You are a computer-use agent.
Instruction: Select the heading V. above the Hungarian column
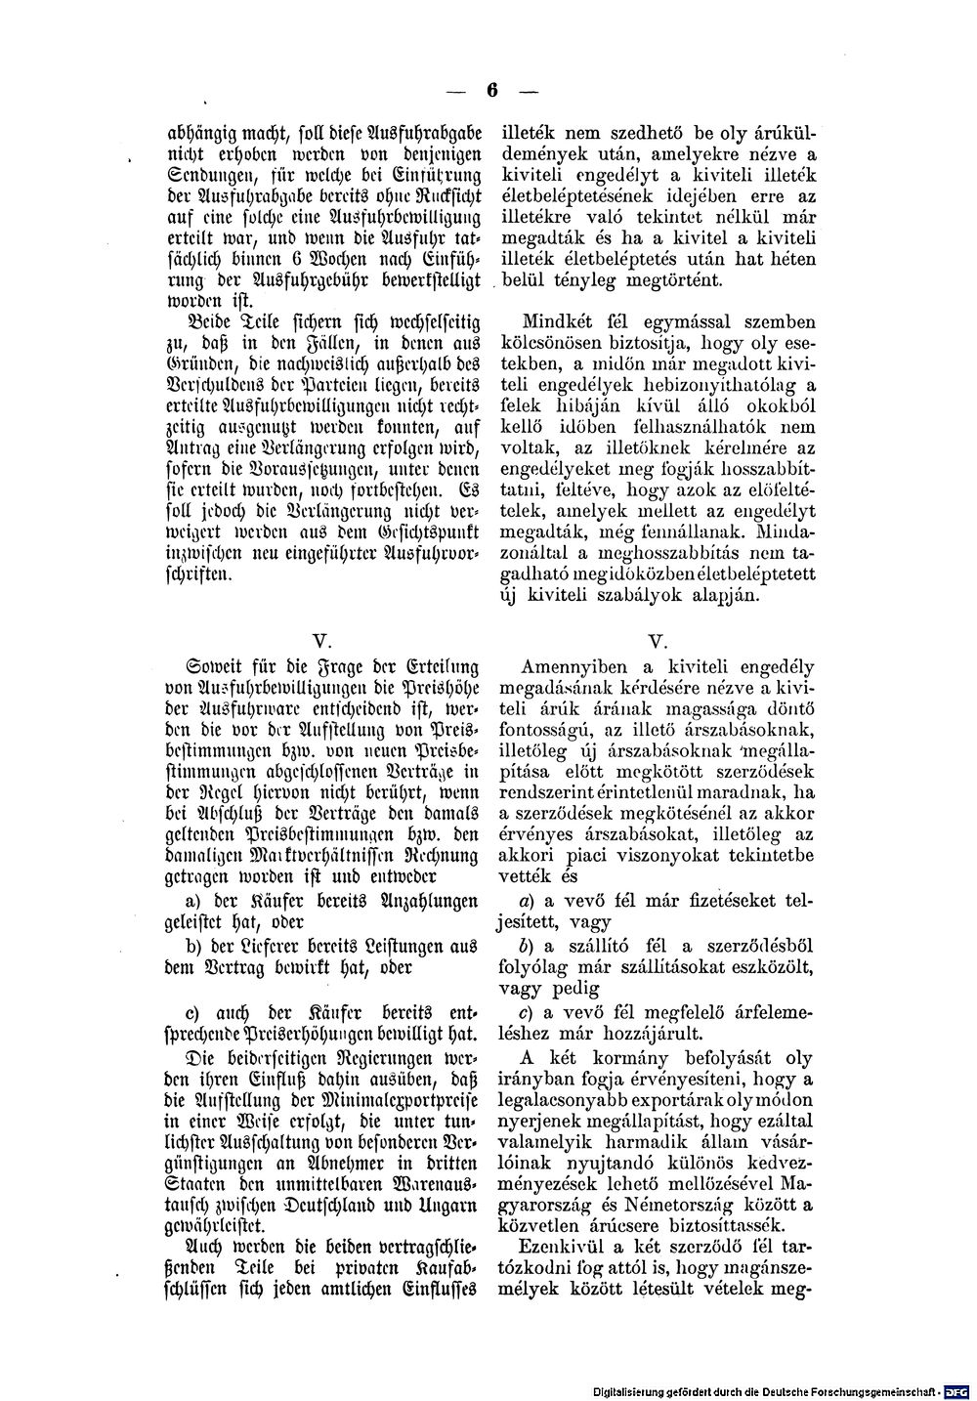(656, 641)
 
